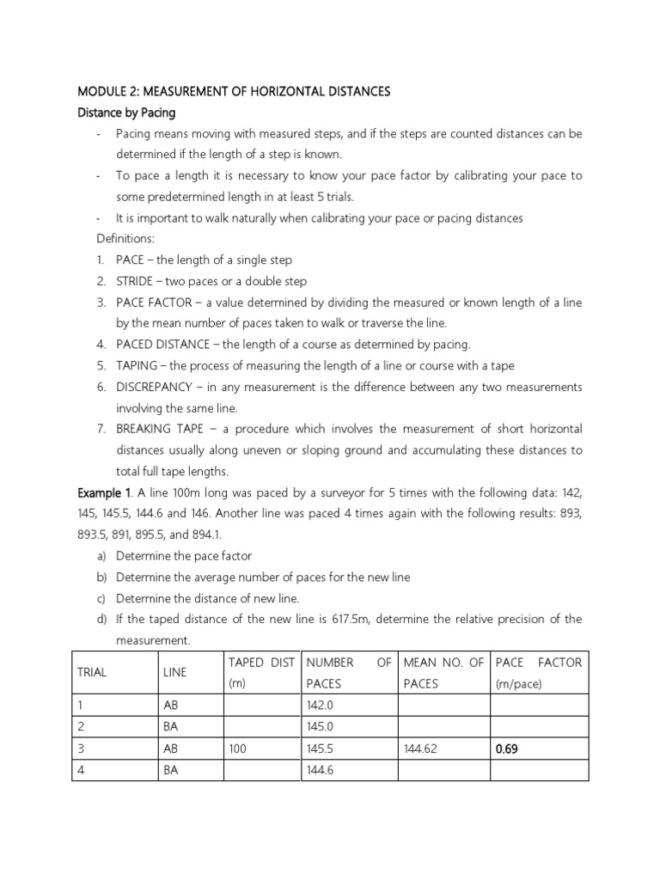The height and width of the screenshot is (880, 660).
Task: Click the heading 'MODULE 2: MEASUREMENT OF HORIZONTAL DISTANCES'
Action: pos(234,91)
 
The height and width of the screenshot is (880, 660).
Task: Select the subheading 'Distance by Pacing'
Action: pos(130,113)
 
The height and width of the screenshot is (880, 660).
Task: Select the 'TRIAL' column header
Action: pos(92,672)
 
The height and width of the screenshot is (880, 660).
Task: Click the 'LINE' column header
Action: pos(174,672)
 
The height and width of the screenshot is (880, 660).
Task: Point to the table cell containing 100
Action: pos(237,749)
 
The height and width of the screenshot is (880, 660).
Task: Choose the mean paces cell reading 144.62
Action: pos(420,749)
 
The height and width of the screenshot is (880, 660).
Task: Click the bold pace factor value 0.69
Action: pos(507,749)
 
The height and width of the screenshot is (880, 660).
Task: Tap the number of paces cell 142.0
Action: pos(320,706)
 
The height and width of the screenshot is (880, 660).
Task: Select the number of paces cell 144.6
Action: pos(320,770)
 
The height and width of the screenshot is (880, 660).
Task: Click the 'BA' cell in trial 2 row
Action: pos(170,727)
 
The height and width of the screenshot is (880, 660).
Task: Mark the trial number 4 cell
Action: pos(81,770)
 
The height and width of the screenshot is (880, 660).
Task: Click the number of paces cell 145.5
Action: pos(320,749)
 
